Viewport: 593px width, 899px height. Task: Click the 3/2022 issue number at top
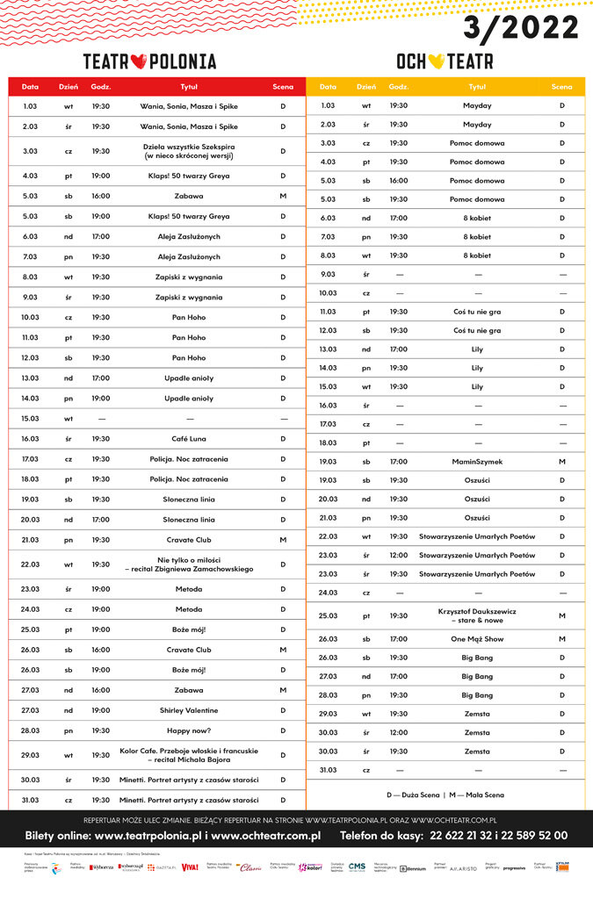coord(521,28)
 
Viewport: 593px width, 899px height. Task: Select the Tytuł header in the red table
coord(189,87)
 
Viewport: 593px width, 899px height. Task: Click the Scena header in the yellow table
coord(561,87)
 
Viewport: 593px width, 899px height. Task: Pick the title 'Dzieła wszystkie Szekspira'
coord(189,151)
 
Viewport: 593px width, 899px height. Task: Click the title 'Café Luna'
coord(189,439)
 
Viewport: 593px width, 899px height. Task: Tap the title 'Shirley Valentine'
coord(189,710)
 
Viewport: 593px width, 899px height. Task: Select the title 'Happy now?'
coord(189,730)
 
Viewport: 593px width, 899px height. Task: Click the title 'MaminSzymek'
coord(477,461)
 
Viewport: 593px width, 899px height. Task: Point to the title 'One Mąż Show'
coord(477,639)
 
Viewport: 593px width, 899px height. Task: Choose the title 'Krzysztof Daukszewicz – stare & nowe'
coord(477,615)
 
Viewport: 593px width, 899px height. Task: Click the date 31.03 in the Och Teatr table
coord(328,770)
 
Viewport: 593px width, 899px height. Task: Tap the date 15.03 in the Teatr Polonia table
coord(30,419)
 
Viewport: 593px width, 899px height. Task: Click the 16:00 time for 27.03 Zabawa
coord(100,690)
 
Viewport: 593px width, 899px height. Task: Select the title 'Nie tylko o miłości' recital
coord(189,565)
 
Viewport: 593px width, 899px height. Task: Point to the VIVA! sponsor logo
coord(190,867)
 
